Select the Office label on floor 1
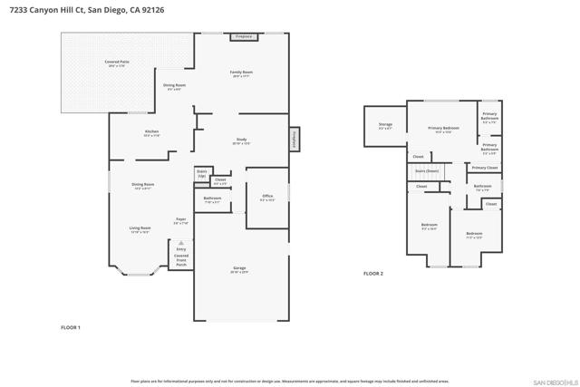click(x=267, y=197)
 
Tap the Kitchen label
click(x=151, y=132)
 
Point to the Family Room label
click(x=241, y=73)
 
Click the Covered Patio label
click(x=117, y=63)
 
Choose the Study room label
click(x=241, y=141)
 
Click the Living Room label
click(x=140, y=229)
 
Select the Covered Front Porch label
click(x=181, y=259)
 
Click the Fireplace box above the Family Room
click(x=243, y=37)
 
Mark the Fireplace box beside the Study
click(x=295, y=140)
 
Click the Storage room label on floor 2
click(x=385, y=125)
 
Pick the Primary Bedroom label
click(x=443, y=129)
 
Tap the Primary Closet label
click(x=485, y=168)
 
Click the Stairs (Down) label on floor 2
click(x=427, y=169)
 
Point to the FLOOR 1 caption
click(x=71, y=326)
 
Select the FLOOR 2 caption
click(x=373, y=273)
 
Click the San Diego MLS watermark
click(x=552, y=381)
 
